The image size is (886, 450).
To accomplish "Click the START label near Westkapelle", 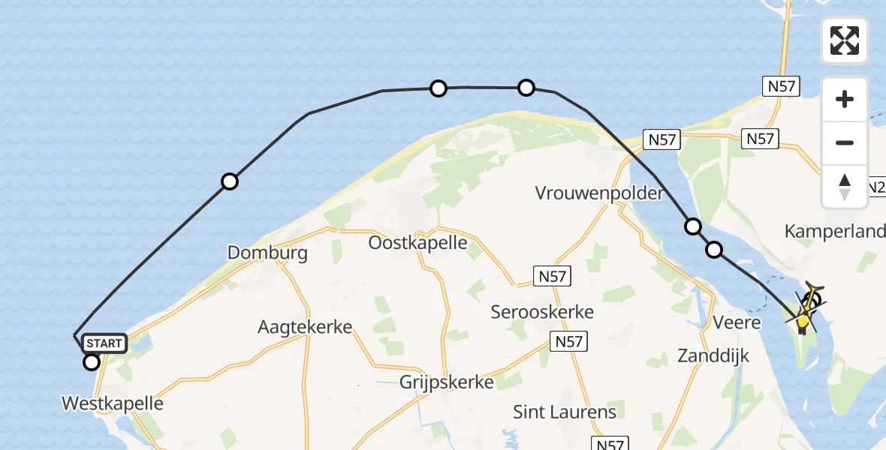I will coord(104,343).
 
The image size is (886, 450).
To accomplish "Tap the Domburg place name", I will coord(267,253).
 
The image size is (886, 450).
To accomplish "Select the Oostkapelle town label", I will coord(417,243).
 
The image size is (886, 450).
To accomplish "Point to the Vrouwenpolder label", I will coord(599,193).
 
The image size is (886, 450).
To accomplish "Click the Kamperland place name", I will coord(834,231).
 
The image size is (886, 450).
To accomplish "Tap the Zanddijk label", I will coord(713,355).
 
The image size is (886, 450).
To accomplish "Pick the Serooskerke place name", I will coord(542,311).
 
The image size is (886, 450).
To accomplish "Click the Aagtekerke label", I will coord(304,327).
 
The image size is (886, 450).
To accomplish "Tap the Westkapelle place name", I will coord(113,403).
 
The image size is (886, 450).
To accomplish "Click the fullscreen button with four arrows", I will coord(845,40).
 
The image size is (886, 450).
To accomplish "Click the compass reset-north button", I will coord(845,186).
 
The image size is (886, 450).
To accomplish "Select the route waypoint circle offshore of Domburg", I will coord(230,181).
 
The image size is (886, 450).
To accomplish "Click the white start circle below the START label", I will coord(92,363).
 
